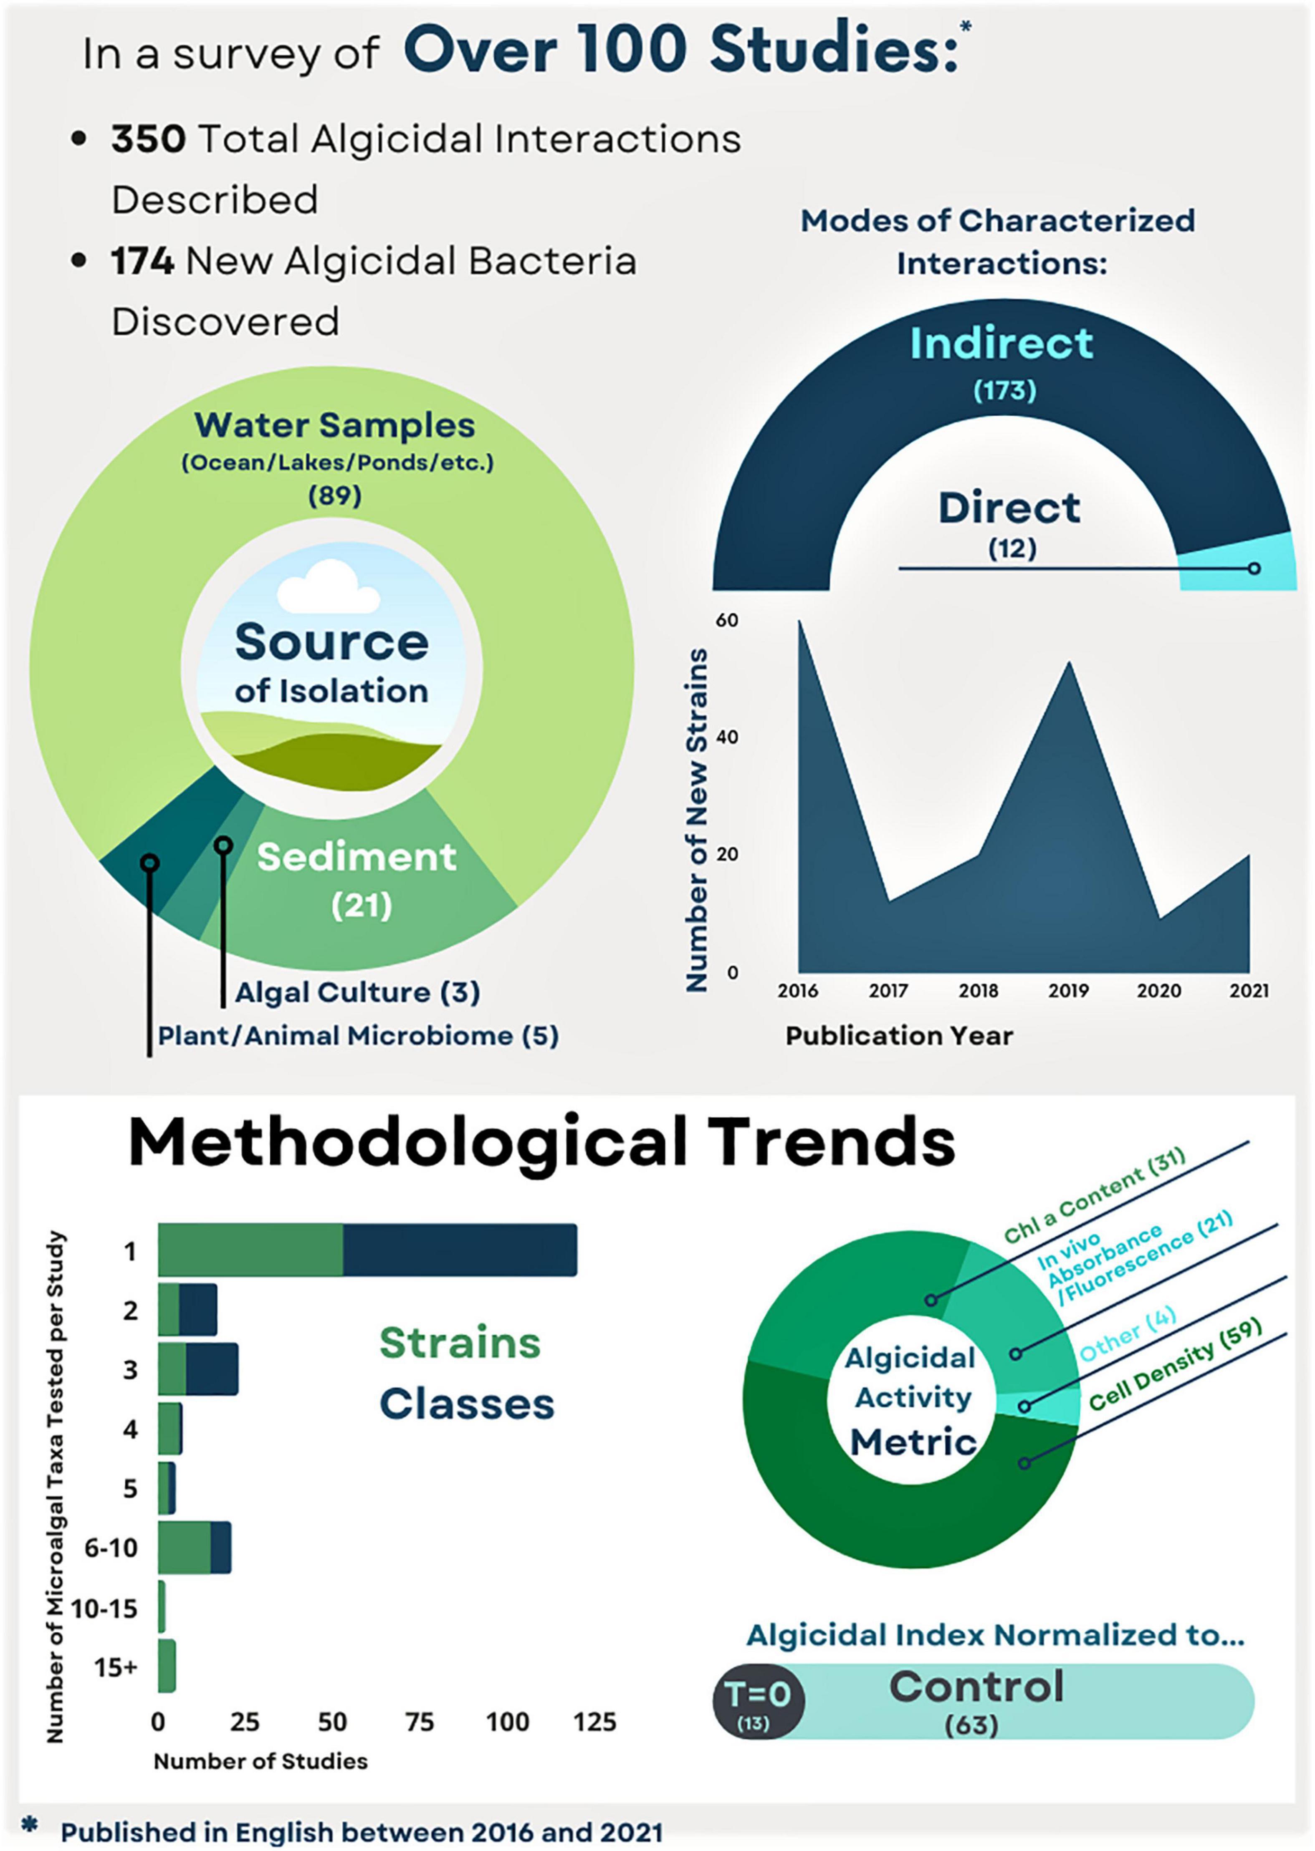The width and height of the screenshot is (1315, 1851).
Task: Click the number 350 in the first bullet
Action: point(148,139)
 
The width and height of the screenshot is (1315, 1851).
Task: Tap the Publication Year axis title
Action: point(899,1036)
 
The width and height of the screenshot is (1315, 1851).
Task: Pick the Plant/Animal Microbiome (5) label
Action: point(358,1036)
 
